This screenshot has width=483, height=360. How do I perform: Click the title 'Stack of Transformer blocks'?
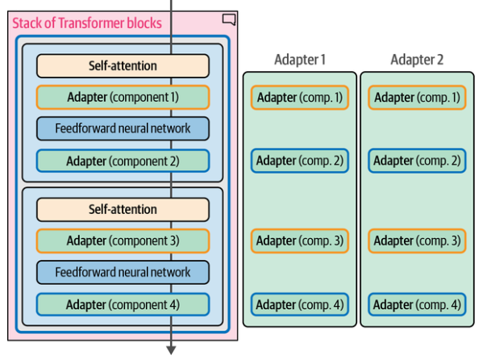click(x=87, y=23)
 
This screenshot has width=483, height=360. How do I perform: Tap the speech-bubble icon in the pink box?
click(x=229, y=19)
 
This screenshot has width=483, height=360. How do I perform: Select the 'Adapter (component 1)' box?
click(x=123, y=97)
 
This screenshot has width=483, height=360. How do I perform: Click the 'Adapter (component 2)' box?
click(x=123, y=161)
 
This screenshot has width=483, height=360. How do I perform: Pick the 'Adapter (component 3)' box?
click(x=123, y=241)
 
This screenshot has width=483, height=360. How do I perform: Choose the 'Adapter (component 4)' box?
click(x=123, y=304)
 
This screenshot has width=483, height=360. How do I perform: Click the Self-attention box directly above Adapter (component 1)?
click(x=123, y=65)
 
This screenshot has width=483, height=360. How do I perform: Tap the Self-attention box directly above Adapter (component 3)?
click(x=123, y=209)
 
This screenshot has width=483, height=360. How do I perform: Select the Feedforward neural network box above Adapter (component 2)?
click(x=123, y=128)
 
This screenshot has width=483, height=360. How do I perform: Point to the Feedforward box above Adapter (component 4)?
click(x=123, y=272)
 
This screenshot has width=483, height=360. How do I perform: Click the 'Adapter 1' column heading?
click(x=300, y=60)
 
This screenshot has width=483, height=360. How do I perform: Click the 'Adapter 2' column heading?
click(x=417, y=60)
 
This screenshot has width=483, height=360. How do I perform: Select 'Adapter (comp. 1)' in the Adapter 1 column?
click(x=300, y=98)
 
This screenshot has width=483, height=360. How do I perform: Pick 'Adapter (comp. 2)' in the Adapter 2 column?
click(x=417, y=161)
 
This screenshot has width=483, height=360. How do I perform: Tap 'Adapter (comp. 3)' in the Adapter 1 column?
click(x=300, y=241)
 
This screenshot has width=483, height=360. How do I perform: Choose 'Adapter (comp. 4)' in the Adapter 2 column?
click(x=417, y=305)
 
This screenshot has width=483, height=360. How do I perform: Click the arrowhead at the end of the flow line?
click(x=171, y=350)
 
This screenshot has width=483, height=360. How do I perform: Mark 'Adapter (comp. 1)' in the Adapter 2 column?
click(x=417, y=98)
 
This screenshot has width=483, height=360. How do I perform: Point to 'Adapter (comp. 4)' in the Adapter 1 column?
click(x=300, y=305)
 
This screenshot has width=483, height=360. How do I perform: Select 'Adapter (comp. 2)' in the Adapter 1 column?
click(x=300, y=161)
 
